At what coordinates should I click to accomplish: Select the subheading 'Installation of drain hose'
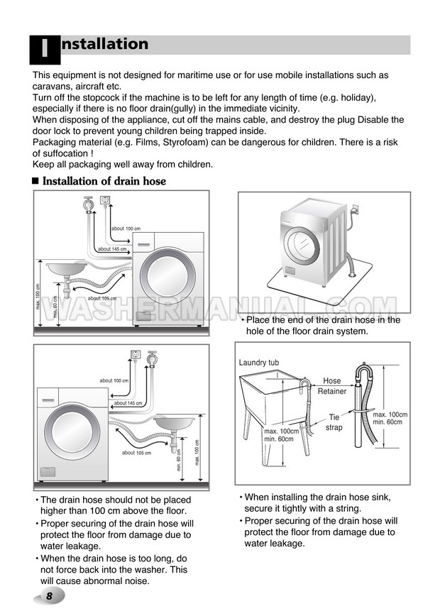(x=104, y=181)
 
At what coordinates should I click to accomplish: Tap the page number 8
(x=49, y=596)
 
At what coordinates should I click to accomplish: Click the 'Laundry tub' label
(x=258, y=363)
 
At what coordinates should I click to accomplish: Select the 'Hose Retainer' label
(x=332, y=386)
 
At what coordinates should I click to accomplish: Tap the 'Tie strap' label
(x=334, y=422)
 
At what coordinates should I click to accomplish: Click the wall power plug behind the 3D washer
(x=354, y=210)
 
